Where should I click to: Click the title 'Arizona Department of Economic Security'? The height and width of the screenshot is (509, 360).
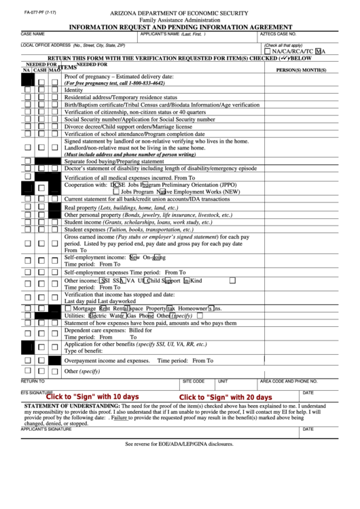(180, 14)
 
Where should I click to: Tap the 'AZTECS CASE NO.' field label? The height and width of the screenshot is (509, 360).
(278, 33)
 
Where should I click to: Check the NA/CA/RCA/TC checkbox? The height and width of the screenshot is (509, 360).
(267, 51)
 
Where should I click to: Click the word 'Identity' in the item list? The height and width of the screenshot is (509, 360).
(73, 90)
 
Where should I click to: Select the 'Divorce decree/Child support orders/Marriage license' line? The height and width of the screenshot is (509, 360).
(128, 126)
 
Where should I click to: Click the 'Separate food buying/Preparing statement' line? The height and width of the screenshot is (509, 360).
(114, 162)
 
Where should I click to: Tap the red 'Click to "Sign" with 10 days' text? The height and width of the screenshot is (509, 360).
(92, 397)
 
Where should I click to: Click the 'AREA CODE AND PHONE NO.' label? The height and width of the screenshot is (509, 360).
(289, 382)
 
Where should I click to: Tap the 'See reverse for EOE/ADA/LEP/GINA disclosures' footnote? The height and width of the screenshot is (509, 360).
(179, 444)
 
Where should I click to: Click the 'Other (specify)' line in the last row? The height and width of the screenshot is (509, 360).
(82, 372)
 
